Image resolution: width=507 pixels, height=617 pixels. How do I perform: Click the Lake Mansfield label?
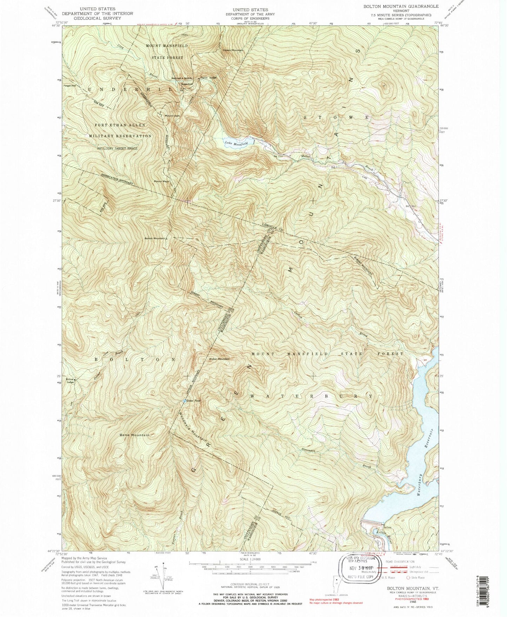236,143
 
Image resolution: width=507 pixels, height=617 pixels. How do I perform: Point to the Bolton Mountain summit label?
155,239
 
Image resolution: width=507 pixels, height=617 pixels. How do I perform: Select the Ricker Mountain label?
219,359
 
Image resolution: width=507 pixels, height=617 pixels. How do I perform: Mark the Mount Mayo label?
161,181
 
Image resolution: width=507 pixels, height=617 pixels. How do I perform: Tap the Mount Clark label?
172,116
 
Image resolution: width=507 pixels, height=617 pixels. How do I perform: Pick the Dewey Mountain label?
233,51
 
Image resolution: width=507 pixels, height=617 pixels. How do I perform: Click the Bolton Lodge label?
70,381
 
